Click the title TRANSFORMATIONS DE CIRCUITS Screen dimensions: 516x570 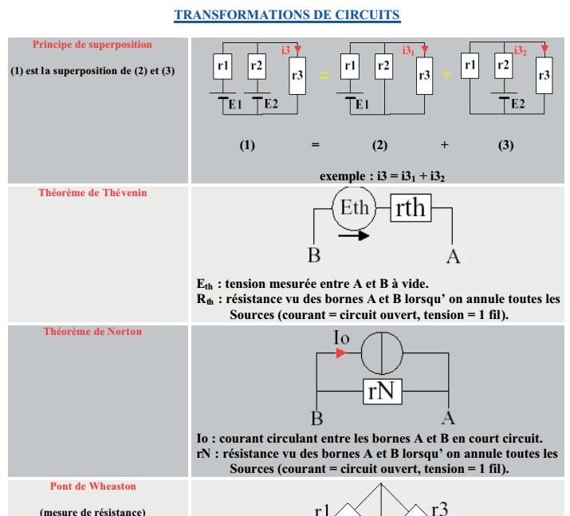click(x=287, y=14)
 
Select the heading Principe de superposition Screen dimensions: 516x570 click(x=92, y=45)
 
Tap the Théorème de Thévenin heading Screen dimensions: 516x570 click(x=92, y=192)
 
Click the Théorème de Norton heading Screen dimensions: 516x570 click(x=92, y=331)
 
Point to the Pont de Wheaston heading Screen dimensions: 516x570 click(x=92, y=486)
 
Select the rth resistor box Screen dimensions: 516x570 click(x=411, y=208)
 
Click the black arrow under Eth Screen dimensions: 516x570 click(x=353, y=235)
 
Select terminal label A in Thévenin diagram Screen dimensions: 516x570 click(x=453, y=256)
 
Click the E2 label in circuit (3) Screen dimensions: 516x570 click(x=517, y=104)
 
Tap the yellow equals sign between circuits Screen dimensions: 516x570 click(x=324, y=75)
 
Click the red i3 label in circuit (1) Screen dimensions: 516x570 click(x=285, y=50)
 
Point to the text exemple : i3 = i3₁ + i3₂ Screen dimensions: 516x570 click(x=382, y=175)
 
